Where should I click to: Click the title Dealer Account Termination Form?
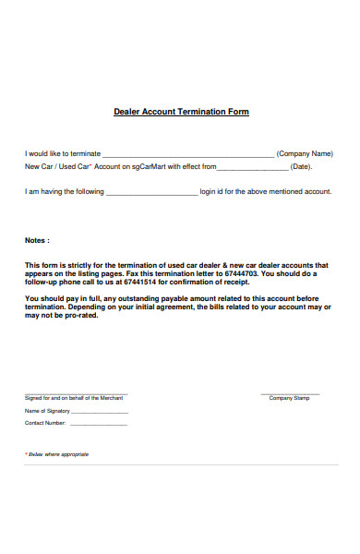[x=181, y=112]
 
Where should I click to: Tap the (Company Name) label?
[x=305, y=153]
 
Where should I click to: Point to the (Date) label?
[x=301, y=167]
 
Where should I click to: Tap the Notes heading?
[x=37, y=240]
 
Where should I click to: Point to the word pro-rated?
[x=67, y=315]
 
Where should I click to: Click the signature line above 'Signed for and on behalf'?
[x=76, y=393]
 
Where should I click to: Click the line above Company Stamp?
[x=290, y=393]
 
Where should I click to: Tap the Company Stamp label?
[x=290, y=398]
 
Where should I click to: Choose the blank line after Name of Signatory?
[x=100, y=413]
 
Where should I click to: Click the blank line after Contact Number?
[x=99, y=425]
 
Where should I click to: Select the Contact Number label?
[x=45, y=423]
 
